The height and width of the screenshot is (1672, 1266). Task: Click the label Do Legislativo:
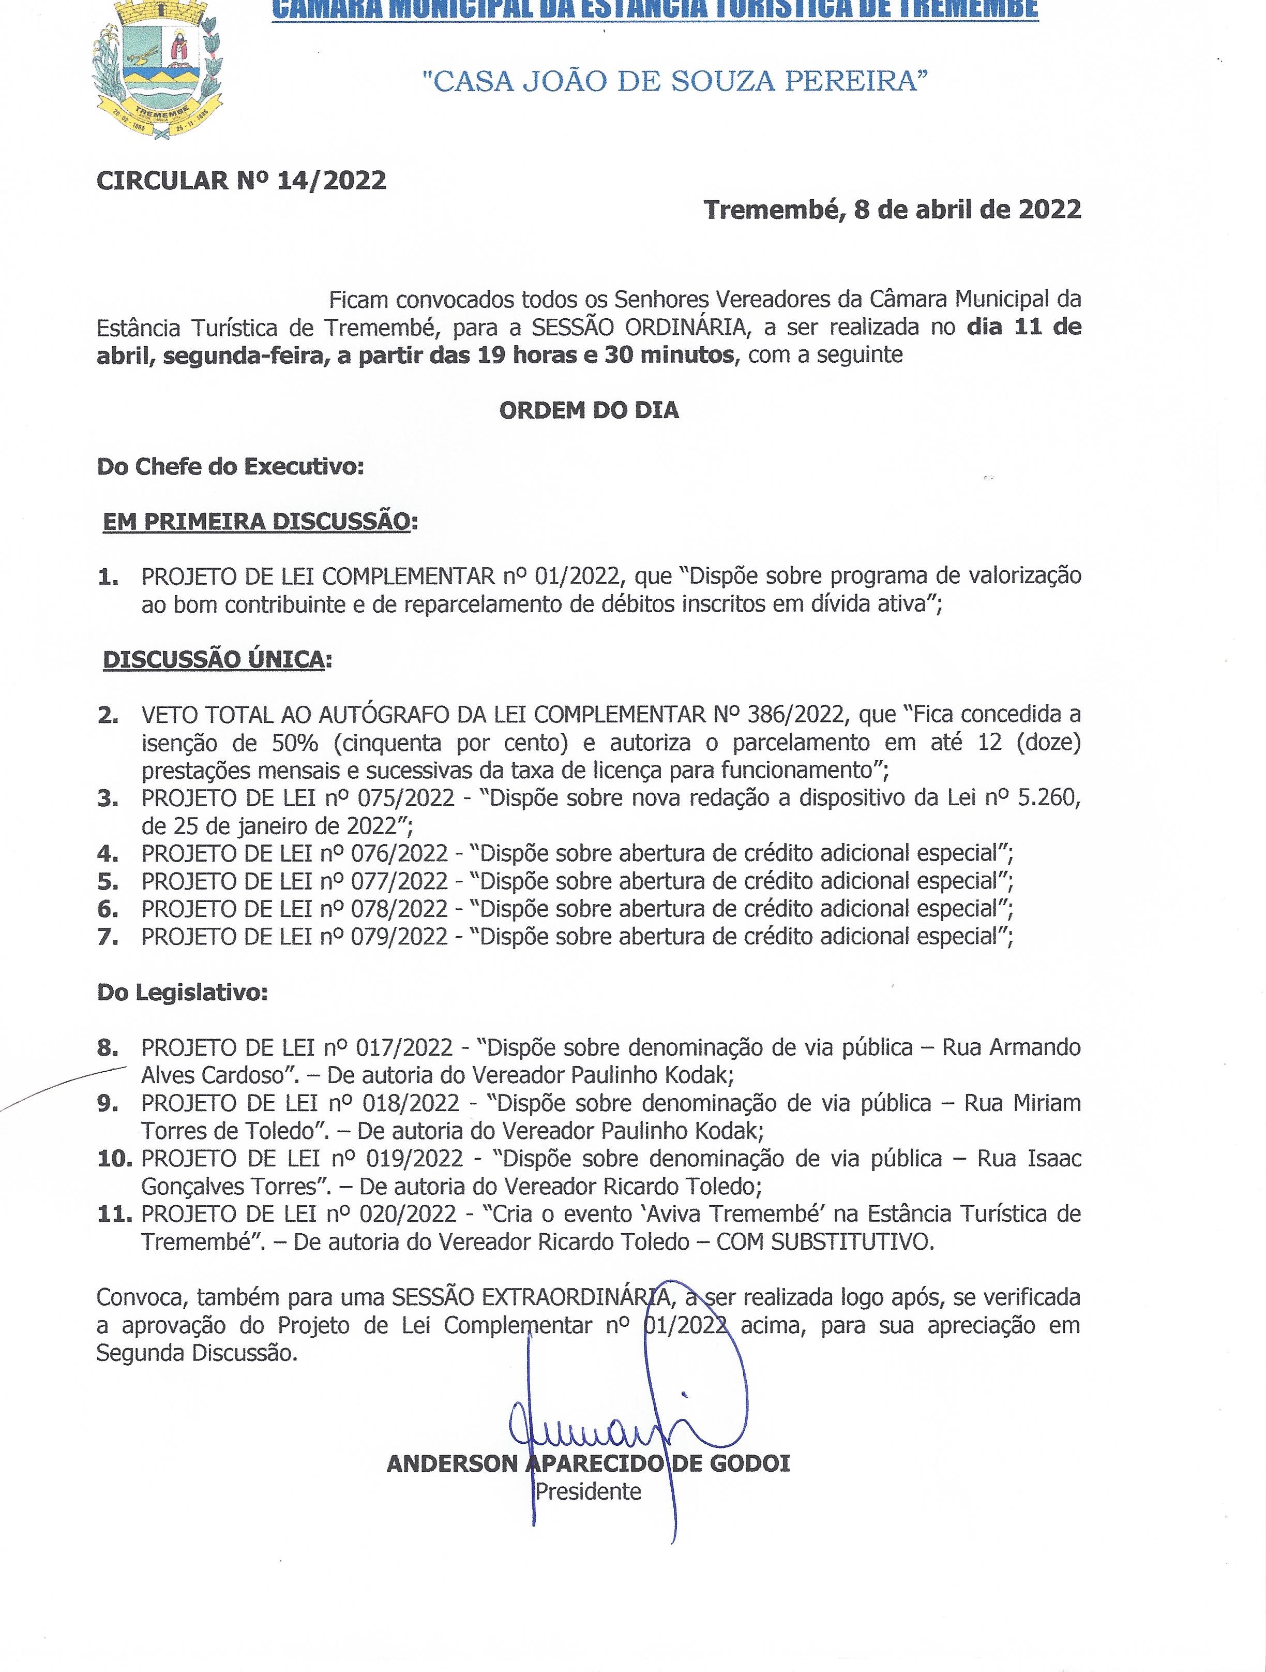[x=182, y=993]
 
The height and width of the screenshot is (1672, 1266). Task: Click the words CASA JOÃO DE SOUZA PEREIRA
[x=674, y=81]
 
